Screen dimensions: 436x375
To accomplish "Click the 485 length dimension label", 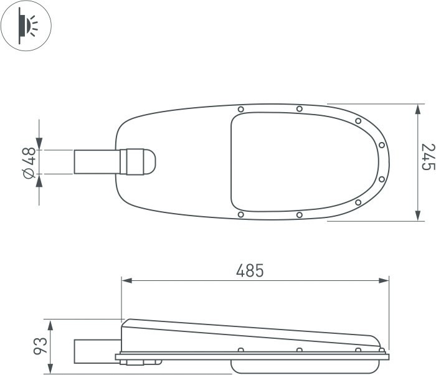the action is coord(250,271).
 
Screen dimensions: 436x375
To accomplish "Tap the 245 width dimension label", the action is coord(429,157).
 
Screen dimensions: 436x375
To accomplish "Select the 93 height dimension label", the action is coord(40,346).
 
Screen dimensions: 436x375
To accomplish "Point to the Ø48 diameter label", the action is coord(29,163).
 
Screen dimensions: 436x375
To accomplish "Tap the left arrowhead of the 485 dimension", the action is coord(126,280).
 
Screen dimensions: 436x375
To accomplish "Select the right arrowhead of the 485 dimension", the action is coord(384,280).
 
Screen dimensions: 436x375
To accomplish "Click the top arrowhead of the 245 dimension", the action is coord(417,110).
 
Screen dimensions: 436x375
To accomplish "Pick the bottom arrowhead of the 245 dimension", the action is coord(417,216).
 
